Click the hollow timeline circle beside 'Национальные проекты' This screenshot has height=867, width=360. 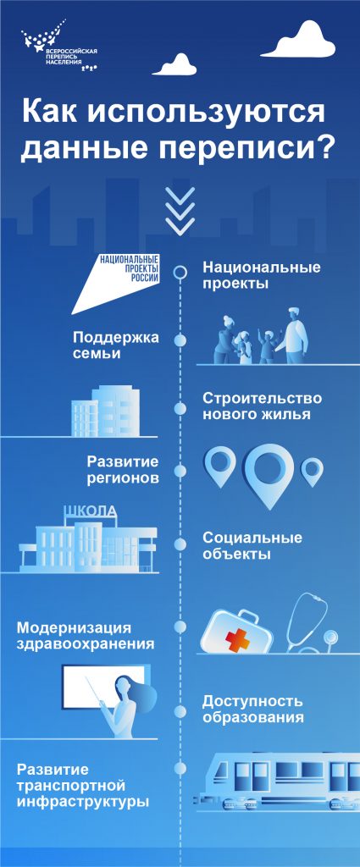(x=180, y=272)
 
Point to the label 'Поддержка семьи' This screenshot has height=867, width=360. (x=116, y=345)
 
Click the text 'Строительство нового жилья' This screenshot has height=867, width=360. (x=262, y=406)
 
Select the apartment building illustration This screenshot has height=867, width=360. (x=105, y=411)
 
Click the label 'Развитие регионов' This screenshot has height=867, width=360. (x=124, y=469)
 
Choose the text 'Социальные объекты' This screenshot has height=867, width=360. (x=252, y=545)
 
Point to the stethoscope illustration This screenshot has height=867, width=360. (x=313, y=622)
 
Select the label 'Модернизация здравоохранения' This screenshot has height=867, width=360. (x=86, y=637)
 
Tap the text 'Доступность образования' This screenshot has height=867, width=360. (x=252, y=710)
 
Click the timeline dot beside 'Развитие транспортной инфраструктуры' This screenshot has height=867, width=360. (x=180, y=768)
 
